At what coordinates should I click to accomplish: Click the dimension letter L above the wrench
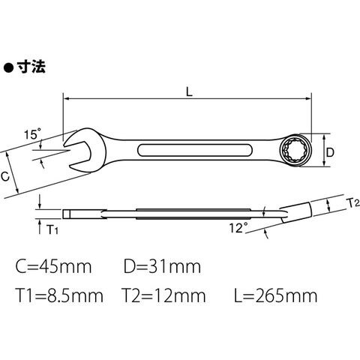(x=189, y=91)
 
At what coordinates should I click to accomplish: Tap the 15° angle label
(x=32, y=134)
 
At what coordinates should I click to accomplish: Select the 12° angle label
(x=238, y=228)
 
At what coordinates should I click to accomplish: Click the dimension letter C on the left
(x=5, y=176)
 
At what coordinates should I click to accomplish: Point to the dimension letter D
(x=330, y=152)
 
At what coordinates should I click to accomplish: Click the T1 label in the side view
(x=52, y=229)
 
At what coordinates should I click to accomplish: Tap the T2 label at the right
(x=354, y=202)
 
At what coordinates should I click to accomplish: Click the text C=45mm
(x=53, y=267)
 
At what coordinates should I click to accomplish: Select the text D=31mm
(x=162, y=267)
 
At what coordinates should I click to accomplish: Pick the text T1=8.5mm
(x=59, y=295)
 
